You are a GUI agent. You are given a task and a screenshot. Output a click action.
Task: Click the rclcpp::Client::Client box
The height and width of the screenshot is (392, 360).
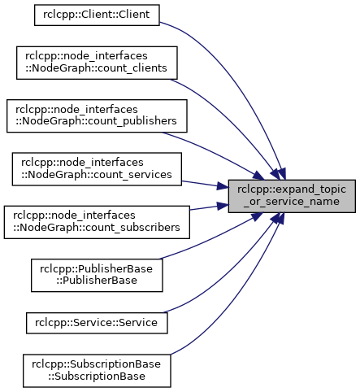[x=97, y=15]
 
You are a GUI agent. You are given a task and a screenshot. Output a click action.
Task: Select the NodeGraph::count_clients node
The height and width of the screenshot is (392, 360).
[x=97, y=63]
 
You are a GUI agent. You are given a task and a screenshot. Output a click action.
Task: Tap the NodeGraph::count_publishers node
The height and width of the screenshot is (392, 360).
[x=97, y=116]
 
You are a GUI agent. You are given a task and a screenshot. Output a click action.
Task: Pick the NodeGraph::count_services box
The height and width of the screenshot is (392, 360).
[x=97, y=169]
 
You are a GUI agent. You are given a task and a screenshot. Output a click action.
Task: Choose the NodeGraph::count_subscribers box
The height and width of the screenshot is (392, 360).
[x=97, y=222]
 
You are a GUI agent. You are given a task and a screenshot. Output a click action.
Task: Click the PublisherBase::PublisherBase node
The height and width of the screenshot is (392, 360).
[x=97, y=276]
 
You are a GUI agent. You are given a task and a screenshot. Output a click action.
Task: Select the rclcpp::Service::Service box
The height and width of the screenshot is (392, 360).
[x=97, y=323]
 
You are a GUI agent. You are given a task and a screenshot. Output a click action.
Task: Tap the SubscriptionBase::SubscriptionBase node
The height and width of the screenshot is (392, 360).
[x=97, y=371]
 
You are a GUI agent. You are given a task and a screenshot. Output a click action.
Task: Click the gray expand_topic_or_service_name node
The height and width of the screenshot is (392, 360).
[x=292, y=196]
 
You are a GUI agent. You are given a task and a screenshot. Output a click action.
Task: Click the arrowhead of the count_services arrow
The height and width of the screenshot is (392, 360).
[x=223, y=186]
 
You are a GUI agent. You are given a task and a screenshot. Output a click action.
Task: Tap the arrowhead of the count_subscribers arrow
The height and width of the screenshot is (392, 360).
[x=223, y=206]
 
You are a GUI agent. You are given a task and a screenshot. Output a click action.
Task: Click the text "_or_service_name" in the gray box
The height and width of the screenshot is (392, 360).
[x=292, y=202]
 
